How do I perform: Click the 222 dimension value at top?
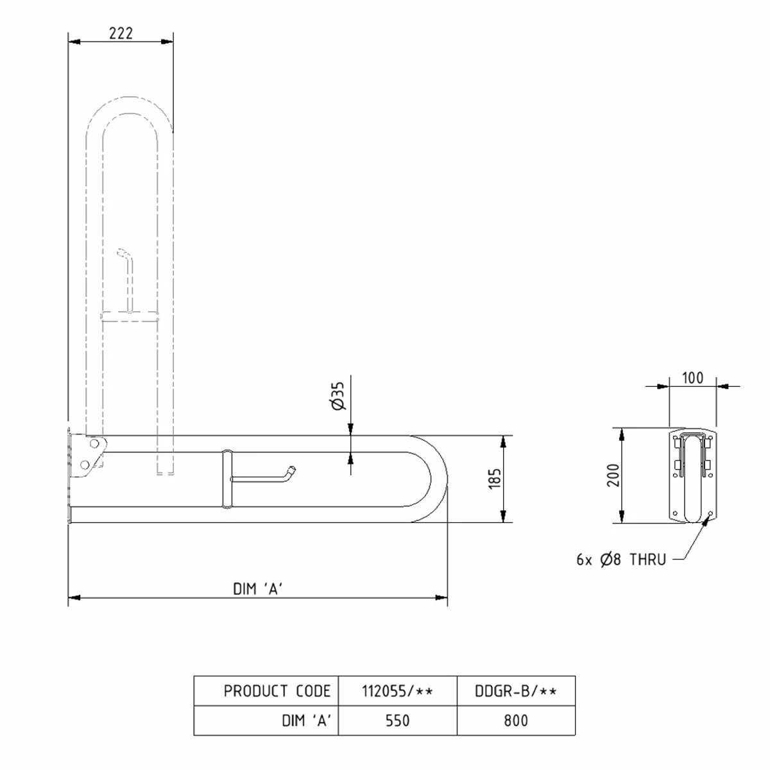(x=121, y=33)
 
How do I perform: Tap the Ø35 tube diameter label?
(x=339, y=395)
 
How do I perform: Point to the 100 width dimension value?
(x=692, y=377)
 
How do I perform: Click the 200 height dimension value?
(x=614, y=475)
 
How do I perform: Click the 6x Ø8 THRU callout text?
(x=620, y=560)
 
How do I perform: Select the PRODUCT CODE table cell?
(x=277, y=691)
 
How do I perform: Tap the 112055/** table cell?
(x=397, y=691)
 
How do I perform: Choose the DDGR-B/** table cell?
(x=516, y=691)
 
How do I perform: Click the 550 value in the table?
(x=397, y=721)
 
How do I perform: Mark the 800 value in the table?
(x=516, y=721)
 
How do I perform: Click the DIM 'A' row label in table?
(x=306, y=721)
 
